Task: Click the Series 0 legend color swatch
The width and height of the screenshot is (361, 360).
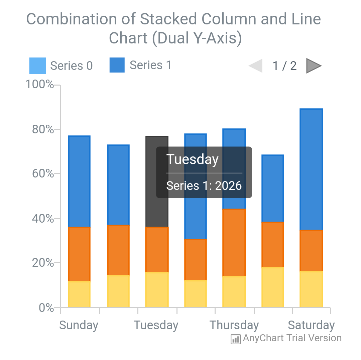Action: click(37, 66)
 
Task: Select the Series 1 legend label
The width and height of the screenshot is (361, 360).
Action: click(150, 65)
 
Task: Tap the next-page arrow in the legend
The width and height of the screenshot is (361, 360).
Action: click(314, 66)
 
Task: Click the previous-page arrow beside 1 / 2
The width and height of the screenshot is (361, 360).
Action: click(256, 66)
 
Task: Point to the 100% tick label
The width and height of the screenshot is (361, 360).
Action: click(40, 84)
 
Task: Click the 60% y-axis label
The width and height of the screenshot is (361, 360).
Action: click(43, 174)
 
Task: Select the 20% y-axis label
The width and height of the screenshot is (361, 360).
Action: click(43, 263)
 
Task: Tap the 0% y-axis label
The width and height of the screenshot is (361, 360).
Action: click(46, 308)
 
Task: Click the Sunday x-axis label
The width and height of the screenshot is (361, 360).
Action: click(79, 325)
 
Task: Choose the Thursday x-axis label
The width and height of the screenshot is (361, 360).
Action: click(234, 325)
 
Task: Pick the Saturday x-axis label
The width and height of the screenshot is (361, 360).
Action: click(311, 325)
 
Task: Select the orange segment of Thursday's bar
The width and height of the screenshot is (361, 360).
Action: click(234, 242)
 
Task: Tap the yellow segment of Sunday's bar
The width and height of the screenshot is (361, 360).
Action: click(79, 294)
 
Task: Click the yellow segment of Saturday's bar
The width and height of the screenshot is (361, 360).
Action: click(311, 289)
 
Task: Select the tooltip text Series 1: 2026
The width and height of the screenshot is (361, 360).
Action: click(204, 186)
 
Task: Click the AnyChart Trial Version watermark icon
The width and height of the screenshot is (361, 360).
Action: click(236, 339)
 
